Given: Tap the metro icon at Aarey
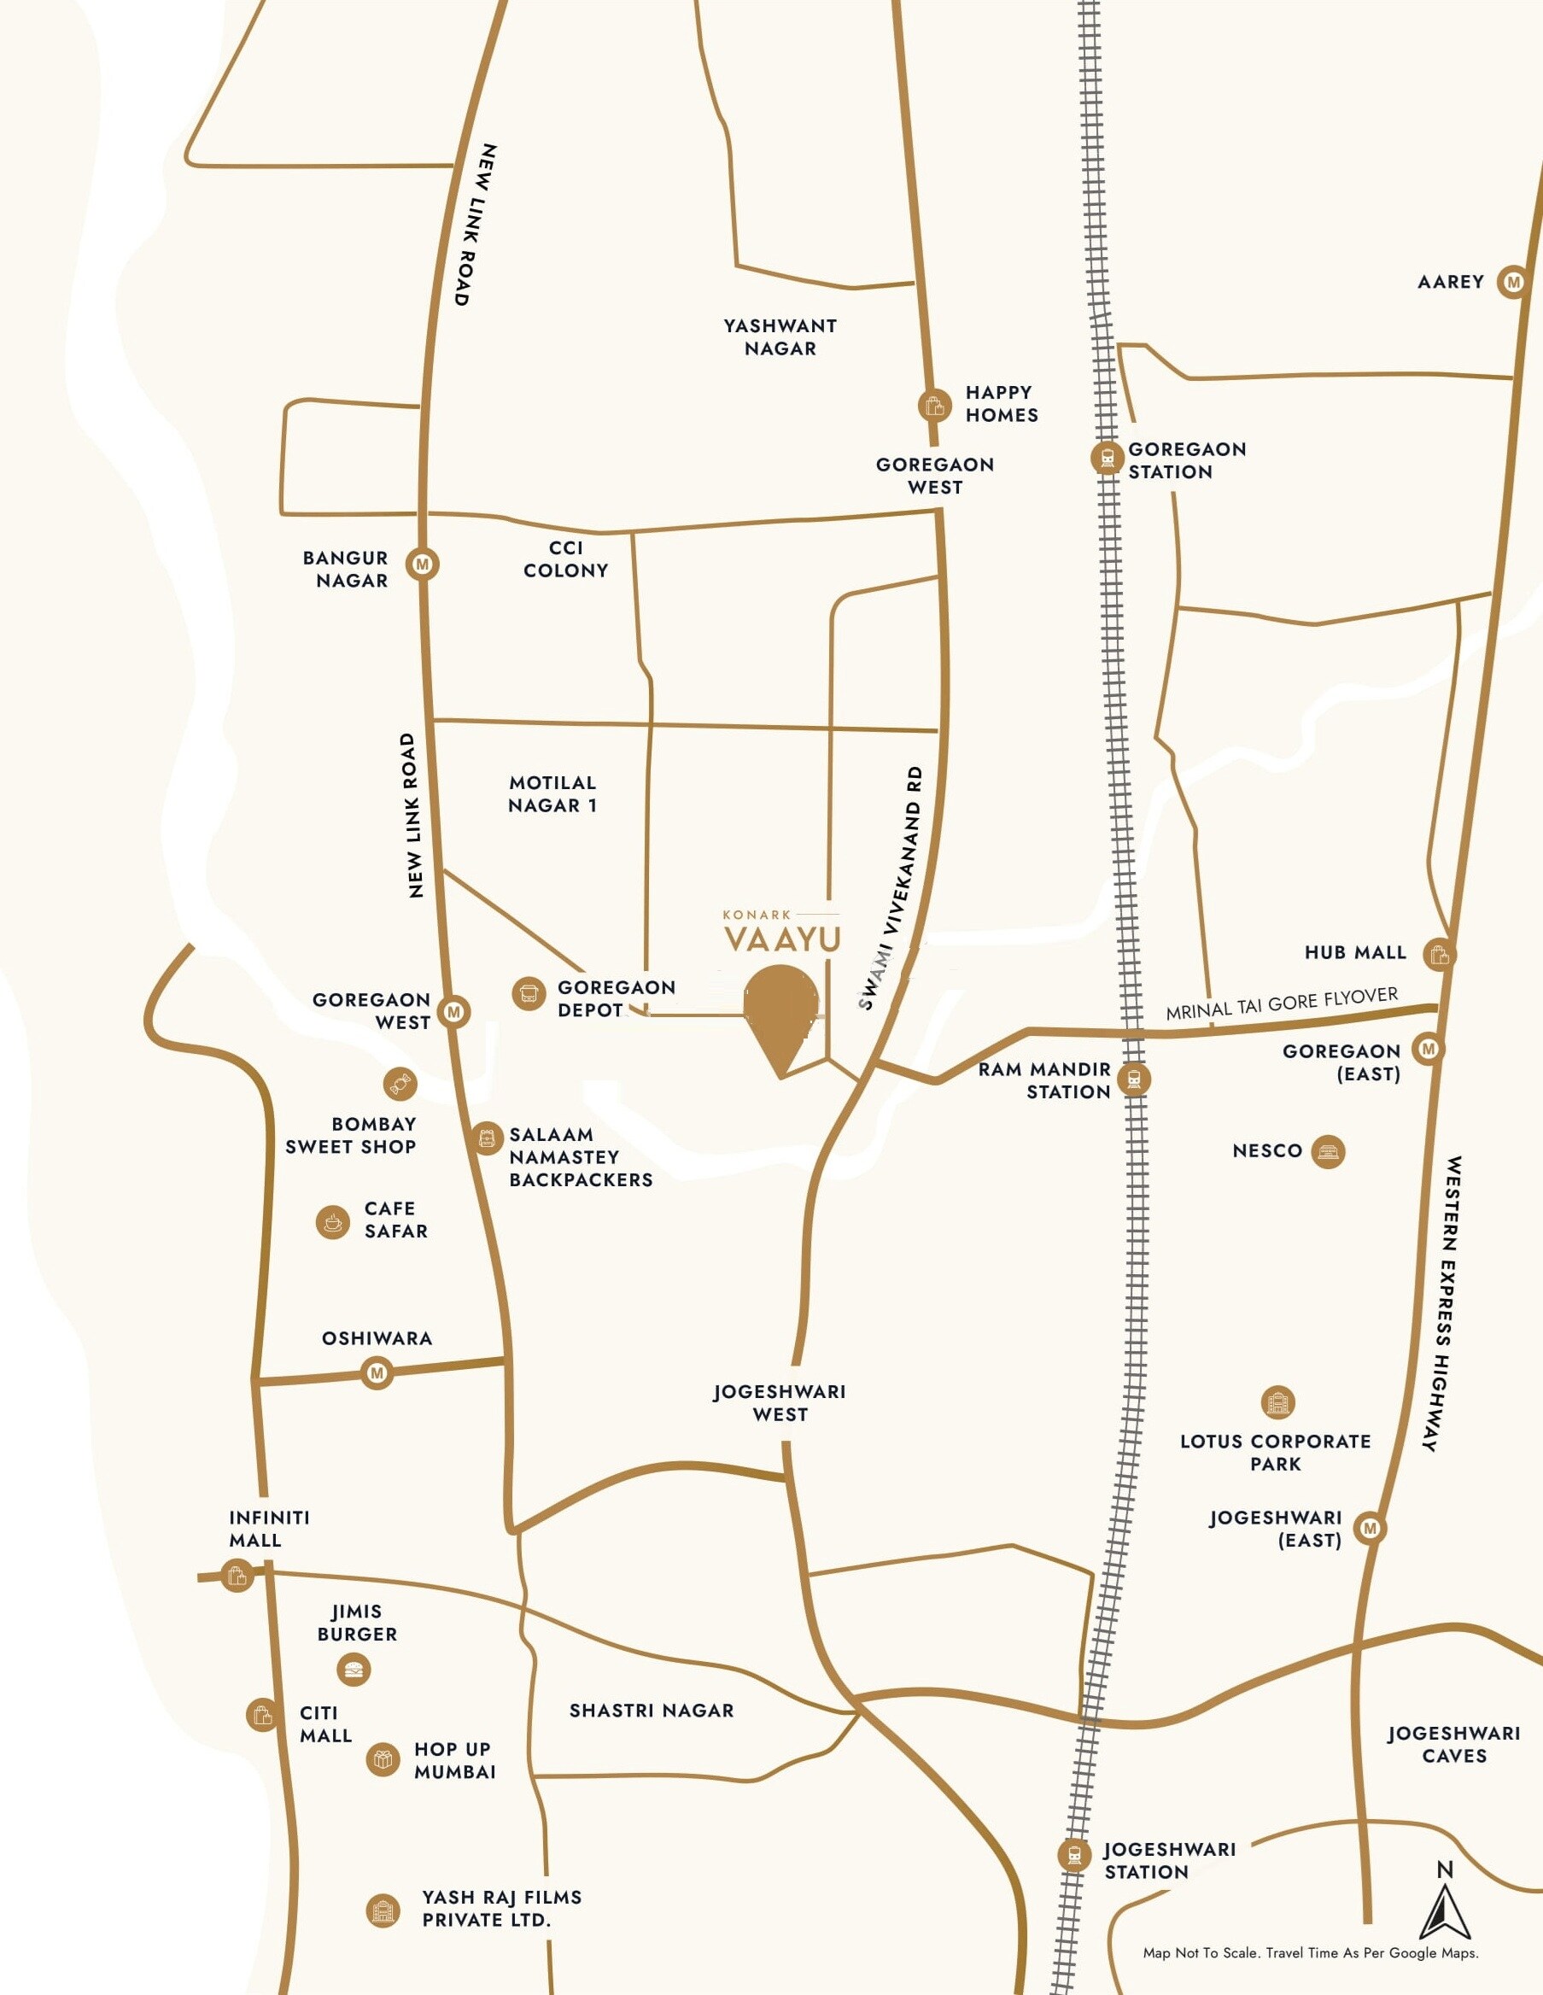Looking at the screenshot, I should click(x=1513, y=283).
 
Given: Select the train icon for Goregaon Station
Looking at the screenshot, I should click(x=1108, y=457).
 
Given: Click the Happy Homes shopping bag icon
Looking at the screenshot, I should click(x=933, y=405).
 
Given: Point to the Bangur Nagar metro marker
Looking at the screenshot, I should click(x=422, y=565).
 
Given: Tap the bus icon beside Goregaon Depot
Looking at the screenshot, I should click(x=528, y=993).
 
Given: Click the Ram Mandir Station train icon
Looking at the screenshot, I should click(x=1134, y=1079).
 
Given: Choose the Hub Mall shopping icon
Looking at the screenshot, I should click(x=1439, y=955).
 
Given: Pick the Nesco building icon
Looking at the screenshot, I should click(x=1328, y=1152).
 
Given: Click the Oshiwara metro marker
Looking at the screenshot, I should click(x=377, y=1372).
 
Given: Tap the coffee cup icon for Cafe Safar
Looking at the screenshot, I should click(x=332, y=1221).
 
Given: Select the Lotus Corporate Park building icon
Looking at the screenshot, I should click(x=1277, y=1401).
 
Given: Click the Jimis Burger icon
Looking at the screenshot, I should click(x=354, y=1670).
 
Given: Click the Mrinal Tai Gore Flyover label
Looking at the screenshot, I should click(x=1281, y=1003).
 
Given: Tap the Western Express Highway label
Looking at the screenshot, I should click(x=1441, y=1303).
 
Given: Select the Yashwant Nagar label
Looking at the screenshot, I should click(x=780, y=337).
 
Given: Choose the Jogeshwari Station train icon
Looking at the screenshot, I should click(x=1074, y=1855).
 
